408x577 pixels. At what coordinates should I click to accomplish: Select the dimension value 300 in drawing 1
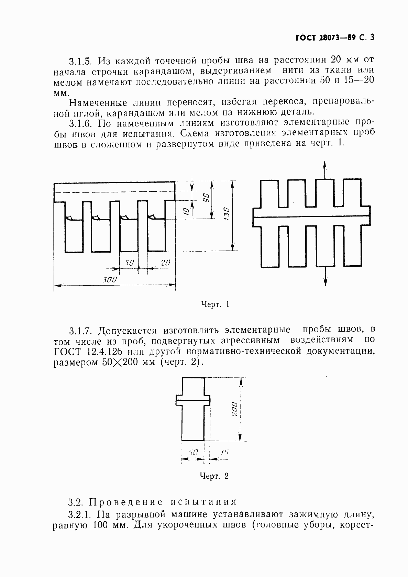pyautogui.click(x=110, y=279)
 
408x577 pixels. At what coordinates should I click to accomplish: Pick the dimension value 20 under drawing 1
pyautogui.click(x=165, y=263)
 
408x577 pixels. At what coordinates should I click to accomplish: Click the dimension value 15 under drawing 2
pyautogui.click(x=224, y=453)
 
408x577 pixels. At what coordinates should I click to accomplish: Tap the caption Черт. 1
pyautogui.click(x=214, y=304)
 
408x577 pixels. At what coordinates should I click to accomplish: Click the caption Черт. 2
pyautogui.click(x=214, y=476)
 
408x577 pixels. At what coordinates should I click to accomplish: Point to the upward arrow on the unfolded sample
pyautogui.click(x=325, y=169)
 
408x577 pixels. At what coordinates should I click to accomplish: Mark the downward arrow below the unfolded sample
pyautogui.click(x=325, y=277)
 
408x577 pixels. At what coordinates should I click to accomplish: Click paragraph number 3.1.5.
pyautogui.click(x=79, y=61)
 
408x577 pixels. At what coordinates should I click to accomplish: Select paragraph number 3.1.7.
pyautogui.click(x=79, y=331)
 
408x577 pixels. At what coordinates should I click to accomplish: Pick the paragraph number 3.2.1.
pyautogui.click(x=79, y=514)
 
